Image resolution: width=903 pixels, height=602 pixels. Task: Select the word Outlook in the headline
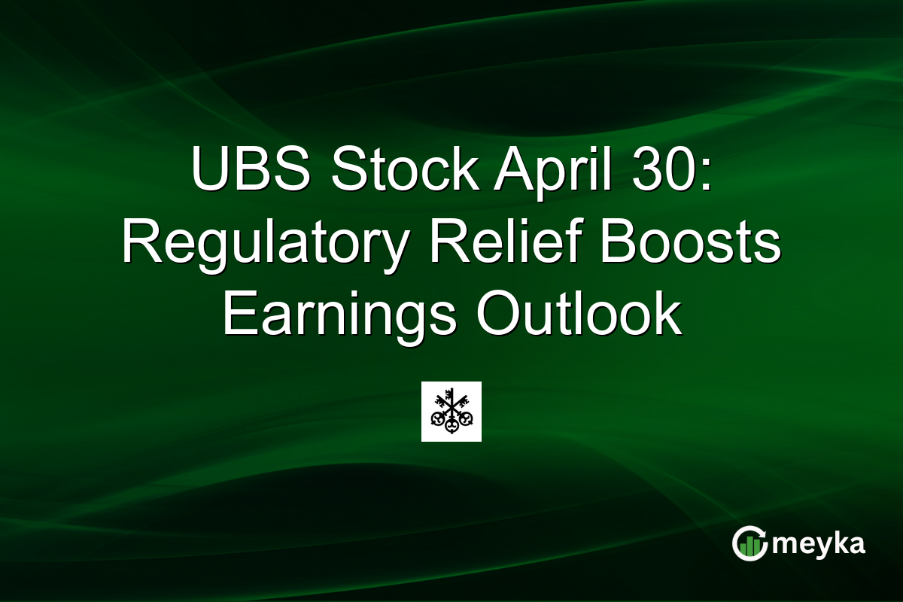tap(579, 316)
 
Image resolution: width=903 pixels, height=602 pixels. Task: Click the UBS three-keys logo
tap(451, 412)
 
